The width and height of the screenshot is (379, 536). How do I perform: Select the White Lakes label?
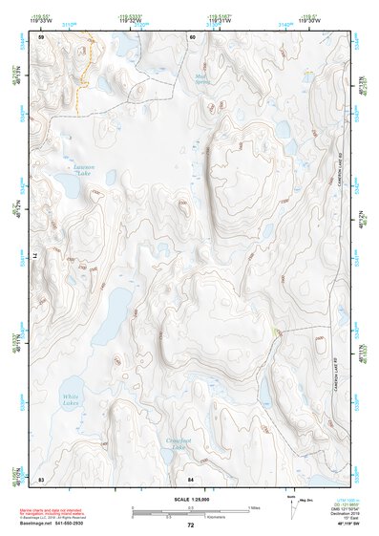72,400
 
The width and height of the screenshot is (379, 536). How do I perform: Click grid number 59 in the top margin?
41,36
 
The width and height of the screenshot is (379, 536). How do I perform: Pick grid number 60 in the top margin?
192,36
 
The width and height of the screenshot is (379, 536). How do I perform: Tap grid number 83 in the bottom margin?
41,477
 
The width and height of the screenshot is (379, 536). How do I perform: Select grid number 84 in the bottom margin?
191,477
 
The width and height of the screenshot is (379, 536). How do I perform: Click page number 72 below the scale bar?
190,525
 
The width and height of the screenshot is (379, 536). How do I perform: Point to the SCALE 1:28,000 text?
189,501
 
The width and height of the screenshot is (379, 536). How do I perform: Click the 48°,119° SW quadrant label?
341,525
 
